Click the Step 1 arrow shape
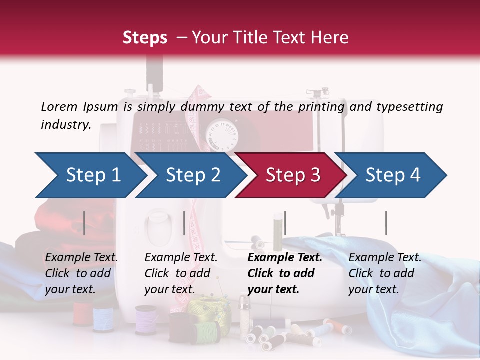[90, 175]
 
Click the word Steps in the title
[145, 38]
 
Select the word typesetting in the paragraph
[409, 107]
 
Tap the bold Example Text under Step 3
[285, 258]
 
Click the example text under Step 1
[81, 273]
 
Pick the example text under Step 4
[385, 273]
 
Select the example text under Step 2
[181, 273]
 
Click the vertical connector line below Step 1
[84, 223]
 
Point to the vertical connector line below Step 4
[386, 223]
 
